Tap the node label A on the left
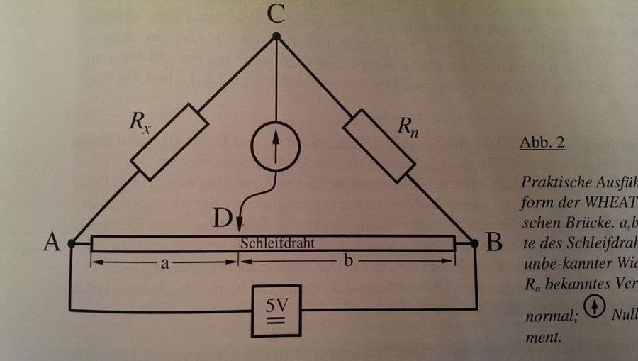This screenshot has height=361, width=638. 50,243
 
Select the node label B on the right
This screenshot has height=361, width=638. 494,243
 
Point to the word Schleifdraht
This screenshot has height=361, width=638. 277,242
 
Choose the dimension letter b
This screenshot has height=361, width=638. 348,262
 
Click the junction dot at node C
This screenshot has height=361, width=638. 277,35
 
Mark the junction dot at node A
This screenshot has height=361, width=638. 72,243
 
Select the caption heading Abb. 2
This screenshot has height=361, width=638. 542,143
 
